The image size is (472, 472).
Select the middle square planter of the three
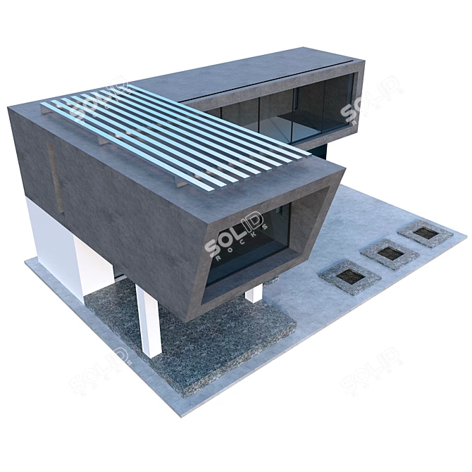[385, 253]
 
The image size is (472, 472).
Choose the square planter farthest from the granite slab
[423, 232]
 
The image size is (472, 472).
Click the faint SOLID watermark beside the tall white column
[99, 366]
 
